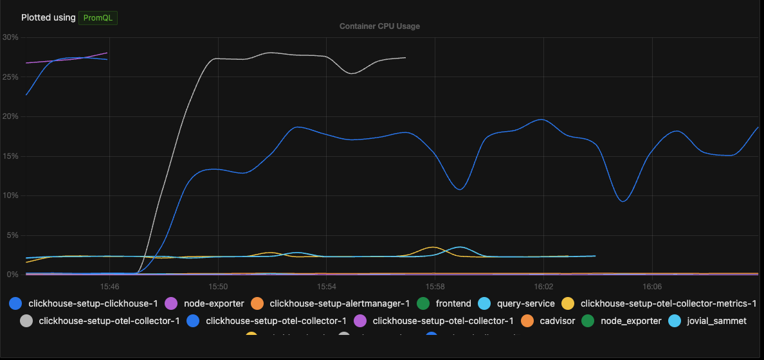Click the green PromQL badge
(x=98, y=17)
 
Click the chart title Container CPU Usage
(x=379, y=26)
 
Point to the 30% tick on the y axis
(x=10, y=37)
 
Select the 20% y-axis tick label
(x=10, y=116)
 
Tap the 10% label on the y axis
(x=10, y=195)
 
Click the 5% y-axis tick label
(x=12, y=235)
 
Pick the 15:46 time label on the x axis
(x=109, y=285)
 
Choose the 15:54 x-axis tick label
(x=327, y=285)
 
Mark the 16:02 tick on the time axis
(x=544, y=285)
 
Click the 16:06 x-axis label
(x=652, y=285)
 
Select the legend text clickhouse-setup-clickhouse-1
(x=93, y=303)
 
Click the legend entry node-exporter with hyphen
(x=214, y=303)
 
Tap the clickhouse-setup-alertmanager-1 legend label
(x=340, y=303)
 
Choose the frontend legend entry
(x=453, y=303)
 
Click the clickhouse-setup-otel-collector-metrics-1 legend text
(x=668, y=303)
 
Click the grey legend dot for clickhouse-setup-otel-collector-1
(x=26, y=320)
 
